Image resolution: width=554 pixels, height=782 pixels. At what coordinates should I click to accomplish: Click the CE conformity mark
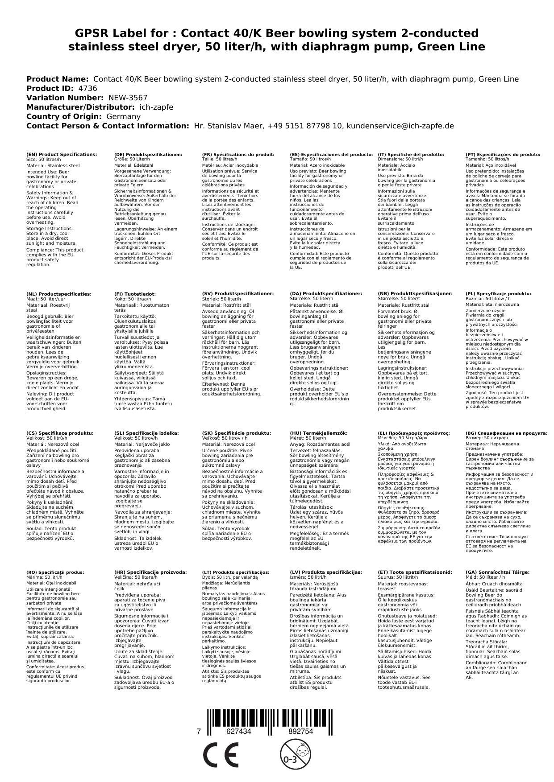point(220,754)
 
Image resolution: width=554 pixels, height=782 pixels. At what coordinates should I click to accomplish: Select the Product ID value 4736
point(87,88)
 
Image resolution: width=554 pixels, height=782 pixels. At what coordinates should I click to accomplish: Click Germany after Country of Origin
point(124,116)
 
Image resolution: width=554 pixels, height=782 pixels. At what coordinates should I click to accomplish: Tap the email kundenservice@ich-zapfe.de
point(400,126)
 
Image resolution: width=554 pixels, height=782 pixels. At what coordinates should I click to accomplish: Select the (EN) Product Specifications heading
point(62,155)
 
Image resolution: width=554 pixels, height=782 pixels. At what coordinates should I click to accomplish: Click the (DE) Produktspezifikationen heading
point(148,155)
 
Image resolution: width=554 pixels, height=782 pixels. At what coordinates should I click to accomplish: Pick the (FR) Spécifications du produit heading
point(238,155)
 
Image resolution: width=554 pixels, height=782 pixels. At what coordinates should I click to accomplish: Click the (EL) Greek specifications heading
point(414,433)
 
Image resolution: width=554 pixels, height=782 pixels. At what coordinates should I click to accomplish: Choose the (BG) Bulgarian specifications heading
point(506,433)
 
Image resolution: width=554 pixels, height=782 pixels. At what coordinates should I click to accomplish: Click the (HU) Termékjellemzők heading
point(318,433)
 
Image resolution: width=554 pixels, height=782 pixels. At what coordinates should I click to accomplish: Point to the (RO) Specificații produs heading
point(55,572)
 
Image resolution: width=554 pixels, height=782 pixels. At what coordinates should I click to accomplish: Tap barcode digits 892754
point(300,732)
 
